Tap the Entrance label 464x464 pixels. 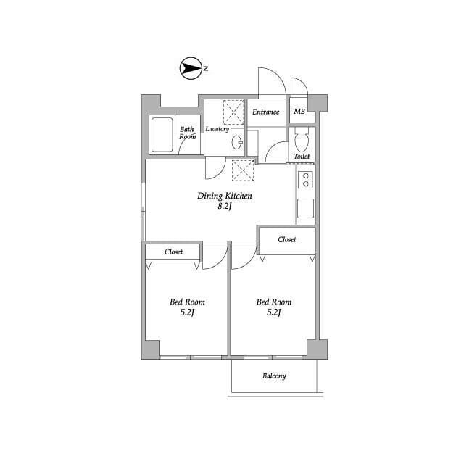click(x=266, y=112)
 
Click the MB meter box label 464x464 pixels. click(x=299, y=112)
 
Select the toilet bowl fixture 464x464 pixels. click(x=302, y=139)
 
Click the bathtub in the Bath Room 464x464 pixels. click(x=162, y=135)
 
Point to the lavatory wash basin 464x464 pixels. click(x=237, y=142)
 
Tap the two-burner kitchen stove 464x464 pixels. click(x=305, y=181)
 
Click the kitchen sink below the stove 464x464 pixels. click(x=305, y=208)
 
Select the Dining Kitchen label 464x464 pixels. click(x=225, y=196)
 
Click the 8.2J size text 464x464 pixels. click(x=224, y=206)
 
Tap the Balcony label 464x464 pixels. click(x=274, y=376)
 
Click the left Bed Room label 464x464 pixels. click(x=187, y=302)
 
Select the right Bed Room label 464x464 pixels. click(x=274, y=302)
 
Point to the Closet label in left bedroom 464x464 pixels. click(x=174, y=252)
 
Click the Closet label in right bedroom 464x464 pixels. click(x=287, y=239)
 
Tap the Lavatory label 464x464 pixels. click(x=217, y=129)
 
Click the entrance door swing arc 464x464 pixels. click(x=278, y=75)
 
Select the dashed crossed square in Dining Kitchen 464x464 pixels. click(x=243, y=170)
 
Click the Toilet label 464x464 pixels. click(x=302, y=157)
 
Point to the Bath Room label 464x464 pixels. click(x=187, y=133)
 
